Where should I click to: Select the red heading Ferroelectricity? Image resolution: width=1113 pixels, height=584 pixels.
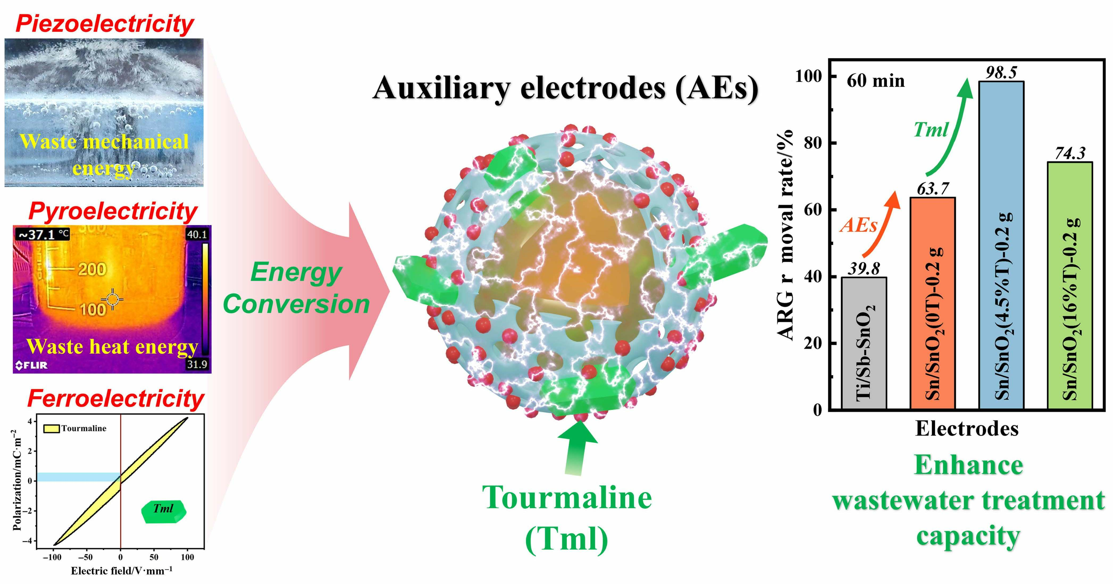[x=116, y=398]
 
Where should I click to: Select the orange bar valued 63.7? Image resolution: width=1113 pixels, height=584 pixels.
[x=932, y=302]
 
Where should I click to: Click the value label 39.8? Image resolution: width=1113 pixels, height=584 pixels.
[x=864, y=268]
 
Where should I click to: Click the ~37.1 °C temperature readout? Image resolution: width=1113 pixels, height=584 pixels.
[x=42, y=235]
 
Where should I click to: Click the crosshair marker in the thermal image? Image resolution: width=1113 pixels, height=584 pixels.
[x=112, y=299]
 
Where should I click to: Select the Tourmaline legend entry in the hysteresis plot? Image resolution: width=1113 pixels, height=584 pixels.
[x=76, y=428]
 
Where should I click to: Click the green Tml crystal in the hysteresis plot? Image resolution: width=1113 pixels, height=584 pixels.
[x=164, y=511]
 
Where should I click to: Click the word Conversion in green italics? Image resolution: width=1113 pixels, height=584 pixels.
[x=296, y=304]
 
